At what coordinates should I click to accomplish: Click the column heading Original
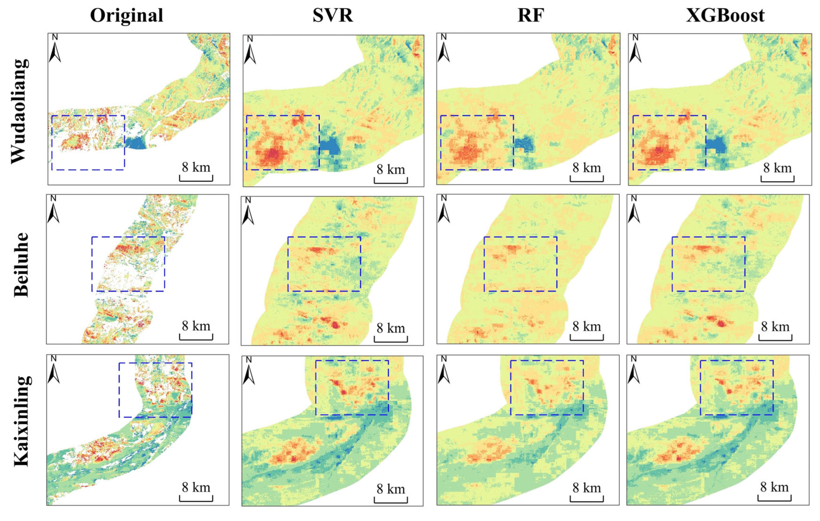pos(126,15)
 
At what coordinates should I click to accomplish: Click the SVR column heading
pos(333,15)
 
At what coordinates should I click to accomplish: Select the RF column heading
pos(531,15)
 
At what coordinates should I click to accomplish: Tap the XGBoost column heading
pos(725,15)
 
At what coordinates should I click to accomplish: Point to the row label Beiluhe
pos(21,264)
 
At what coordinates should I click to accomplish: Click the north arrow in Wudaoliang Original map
pos(55,49)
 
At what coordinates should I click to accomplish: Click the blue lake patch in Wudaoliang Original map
pos(136,143)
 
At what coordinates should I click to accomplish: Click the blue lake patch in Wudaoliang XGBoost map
pos(715,145)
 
